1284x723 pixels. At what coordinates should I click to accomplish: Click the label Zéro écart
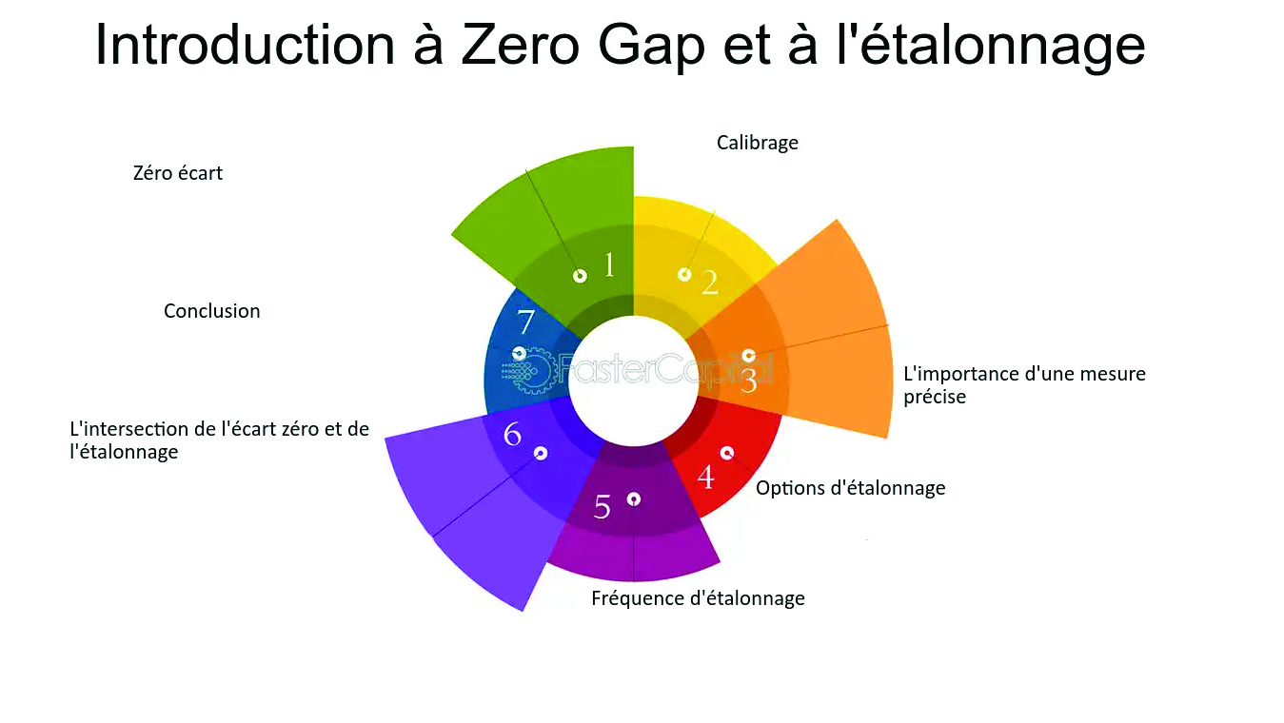pos(178,173)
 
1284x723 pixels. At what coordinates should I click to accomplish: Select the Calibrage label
pos(757,143)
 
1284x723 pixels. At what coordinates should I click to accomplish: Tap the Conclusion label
pos(211,311)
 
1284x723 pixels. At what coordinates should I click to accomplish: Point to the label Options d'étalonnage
pos(850,488)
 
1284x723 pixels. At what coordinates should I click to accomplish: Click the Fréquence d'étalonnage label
pos(698,598)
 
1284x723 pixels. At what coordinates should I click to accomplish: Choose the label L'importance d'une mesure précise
pos(1024,385)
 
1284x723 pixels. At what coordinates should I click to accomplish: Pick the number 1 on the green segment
pos(609,265)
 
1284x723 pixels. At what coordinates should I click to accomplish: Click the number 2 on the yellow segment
pos(709,283)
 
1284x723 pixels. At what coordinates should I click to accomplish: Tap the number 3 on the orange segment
pos(749,381)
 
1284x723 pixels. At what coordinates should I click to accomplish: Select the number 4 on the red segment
pos(705,477)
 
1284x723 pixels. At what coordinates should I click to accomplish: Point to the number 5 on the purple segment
pos(602,507)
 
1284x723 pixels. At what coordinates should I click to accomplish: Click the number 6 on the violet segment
pos(512,435)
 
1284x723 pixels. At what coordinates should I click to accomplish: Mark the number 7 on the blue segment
pos(525,322)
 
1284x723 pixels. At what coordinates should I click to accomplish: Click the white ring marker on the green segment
pos(580,276)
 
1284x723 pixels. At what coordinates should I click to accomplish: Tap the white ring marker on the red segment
pos(727,453)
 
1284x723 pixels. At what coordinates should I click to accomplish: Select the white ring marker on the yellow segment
pos(684,275)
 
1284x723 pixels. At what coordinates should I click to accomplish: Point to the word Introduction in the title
pos(245,45)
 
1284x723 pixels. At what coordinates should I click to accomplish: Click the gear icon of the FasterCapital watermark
pos(535,370)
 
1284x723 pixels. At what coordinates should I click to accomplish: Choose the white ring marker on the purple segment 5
pos(633,498)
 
